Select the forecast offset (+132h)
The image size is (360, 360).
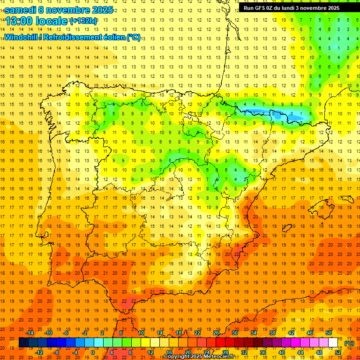pos(83,21)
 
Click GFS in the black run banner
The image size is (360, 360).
pos(262,8)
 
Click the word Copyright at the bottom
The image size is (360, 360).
pos(177,357)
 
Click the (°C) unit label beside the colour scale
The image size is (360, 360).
pos(349,343)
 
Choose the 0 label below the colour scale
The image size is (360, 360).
pos(92,352)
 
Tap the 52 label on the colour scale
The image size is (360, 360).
pos(338,352)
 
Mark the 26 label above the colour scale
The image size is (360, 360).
pos(216,333)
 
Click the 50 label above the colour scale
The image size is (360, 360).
pos(328,333)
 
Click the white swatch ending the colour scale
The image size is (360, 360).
pos(333,343)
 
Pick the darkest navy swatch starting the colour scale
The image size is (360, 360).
pos(23,343)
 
